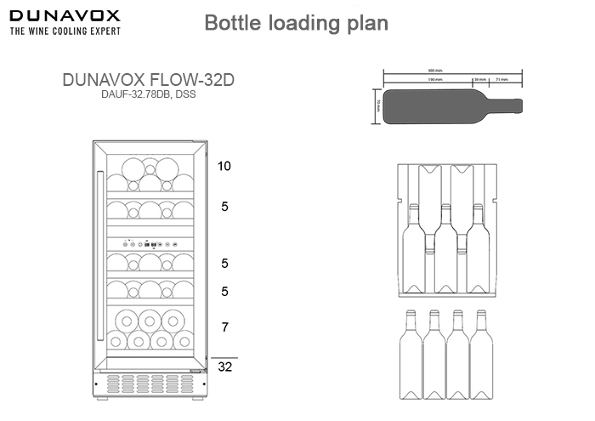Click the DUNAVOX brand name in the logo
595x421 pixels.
[65, 15]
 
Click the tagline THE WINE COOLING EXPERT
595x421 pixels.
[65, 31]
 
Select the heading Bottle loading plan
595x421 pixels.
[297, 23]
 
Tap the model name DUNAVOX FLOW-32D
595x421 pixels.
[148, 79]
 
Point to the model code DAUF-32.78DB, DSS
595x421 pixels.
[148, 94]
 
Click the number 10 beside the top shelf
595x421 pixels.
[224, 166]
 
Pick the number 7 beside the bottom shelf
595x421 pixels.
[224, 327]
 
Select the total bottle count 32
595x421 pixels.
[224, 367]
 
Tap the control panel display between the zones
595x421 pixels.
[150, 243]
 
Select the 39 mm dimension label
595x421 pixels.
[479, 80]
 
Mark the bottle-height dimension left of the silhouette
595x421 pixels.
[377, 105]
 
